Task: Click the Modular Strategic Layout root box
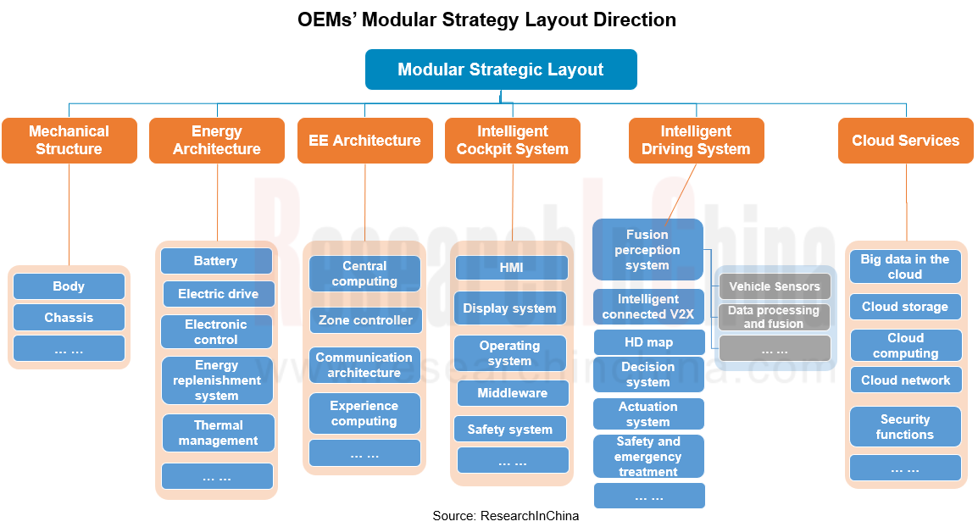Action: pyautogui.click(x=500, y=69)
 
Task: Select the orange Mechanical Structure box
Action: pyautogui.click(x=69, y=141)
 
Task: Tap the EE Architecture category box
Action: pyautogui.click(x=364, y=141)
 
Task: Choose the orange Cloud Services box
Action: pyautogui.click(x=905, y=141)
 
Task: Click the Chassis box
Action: pyautogui.click(x=69, y=318)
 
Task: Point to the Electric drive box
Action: pyautogui.click(x=219, y=294)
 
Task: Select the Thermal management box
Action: pyautogui.click(x=219, y=433)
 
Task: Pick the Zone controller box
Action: pyautogui.click(x=365, y=320)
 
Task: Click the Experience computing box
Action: pyautogui.click(x=364, y=413)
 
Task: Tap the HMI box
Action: pyautogui.click(x=511, y=268)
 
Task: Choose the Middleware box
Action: pyautogui.click(x=512, y=393)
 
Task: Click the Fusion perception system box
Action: pyautogui.click(x=647, y=250)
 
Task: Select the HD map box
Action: pyautogui.click(x=648, y=342)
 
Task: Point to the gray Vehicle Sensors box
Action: pyautogui.click(x=775, y=286)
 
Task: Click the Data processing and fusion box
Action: pyautogui.click(x=774, y=317)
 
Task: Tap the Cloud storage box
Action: pyautogui.click(x=905, y=307)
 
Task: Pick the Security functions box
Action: pyautogui.click(x=905, y=427)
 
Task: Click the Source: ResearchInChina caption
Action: pyautogui.click(x=506, y=515)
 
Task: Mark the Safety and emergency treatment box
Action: pyautogui.click(x=648, y=457)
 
